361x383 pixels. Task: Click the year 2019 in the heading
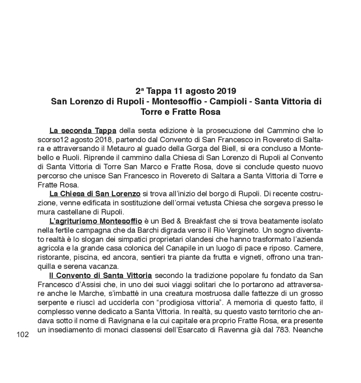coord(226,92)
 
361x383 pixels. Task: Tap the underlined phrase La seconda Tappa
coord(83,131)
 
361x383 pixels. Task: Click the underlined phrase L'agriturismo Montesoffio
coord(95,221)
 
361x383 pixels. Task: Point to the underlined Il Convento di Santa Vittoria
coord(100,275)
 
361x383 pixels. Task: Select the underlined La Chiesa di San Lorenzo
coord(95,194)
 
